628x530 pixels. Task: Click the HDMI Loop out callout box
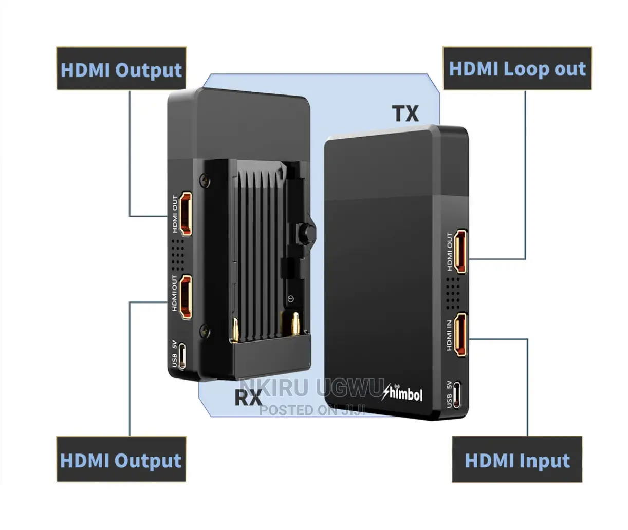[517, 68]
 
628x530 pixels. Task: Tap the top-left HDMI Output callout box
[121, 68]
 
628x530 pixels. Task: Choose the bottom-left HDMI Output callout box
[121, 459]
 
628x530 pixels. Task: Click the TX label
[405, 113]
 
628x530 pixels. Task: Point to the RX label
[248, 397]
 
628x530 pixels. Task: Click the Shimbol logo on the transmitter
[402, 393]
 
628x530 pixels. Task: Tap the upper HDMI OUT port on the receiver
[186, 214]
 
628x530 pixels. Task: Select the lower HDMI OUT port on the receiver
[186, 297]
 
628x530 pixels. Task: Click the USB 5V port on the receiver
[182, 356]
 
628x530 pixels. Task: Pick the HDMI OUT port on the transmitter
[460, 251]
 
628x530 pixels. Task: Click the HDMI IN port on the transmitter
[460, 335]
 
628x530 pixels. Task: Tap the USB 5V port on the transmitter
[457, 395]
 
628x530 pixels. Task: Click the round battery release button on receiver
[307, 232]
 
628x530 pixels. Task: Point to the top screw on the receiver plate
[205, 181]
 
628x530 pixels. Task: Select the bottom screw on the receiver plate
[206, 330]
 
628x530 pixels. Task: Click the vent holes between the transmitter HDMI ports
[453, 293]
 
